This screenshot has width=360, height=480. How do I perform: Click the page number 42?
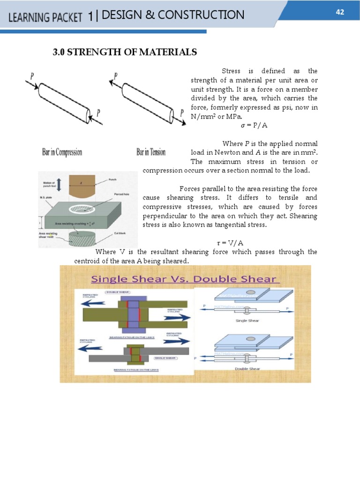tap(340, 12)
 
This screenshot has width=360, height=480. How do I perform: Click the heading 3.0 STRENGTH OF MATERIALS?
tap(125, 52)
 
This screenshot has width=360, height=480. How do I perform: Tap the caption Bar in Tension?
tap(151, 152)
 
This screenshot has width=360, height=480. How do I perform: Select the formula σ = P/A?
tap(254, 126)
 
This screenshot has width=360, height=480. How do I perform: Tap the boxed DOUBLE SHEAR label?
tap(118, 292)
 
